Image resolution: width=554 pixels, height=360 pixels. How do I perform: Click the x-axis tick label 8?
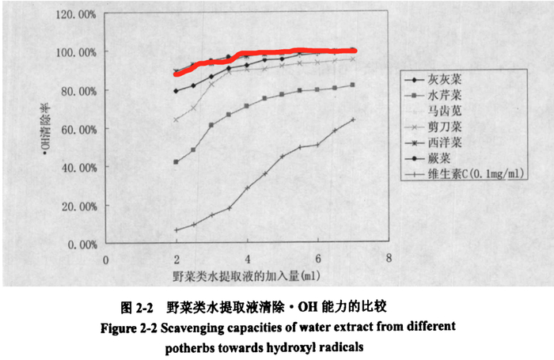pyautogui.click(x=388, y=258)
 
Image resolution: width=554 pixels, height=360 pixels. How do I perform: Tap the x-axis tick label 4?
pyautogui.click(x=247, y=259)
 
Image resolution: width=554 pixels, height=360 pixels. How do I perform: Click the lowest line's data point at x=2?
pyautogui.click(x=176, y=230)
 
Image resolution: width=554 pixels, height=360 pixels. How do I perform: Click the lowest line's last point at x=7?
pyautogui.click(x=353, y=119)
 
